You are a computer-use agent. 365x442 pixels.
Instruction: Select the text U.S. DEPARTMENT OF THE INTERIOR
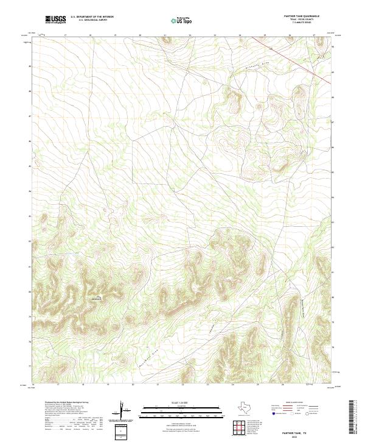pyautogui.click(x=92, y=16)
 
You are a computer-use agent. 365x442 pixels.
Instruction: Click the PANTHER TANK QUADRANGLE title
pyautogui.click(x=302, y=16)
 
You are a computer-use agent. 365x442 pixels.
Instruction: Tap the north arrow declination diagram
pyautogui.click(x=122, y=410)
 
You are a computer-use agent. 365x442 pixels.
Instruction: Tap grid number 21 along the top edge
pyautogui.click(x=165, y=35)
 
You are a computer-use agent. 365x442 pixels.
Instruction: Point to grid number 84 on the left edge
pyautogui.click(x=30, y=191)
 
